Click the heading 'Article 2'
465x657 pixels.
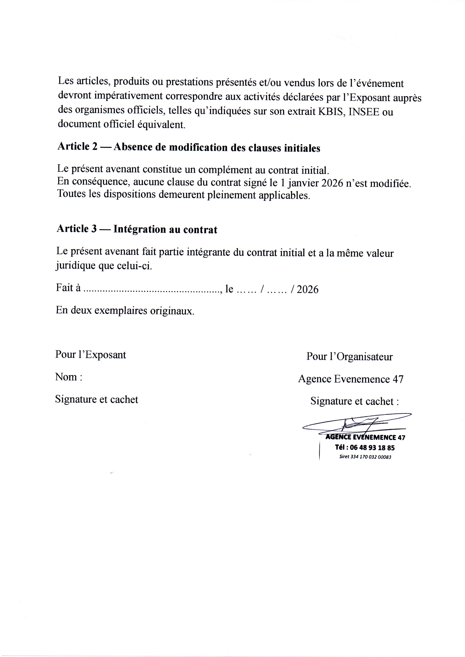[77, 146]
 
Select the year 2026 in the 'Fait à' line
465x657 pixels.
[308, 290]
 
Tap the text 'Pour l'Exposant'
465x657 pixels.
[91, 355]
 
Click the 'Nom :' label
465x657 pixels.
[69, 377]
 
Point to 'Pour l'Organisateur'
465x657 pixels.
[349, 357]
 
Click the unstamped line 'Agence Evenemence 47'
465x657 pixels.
[351, 379]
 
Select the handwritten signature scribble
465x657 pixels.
[358, 423]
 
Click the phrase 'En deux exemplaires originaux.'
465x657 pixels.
[125, 311]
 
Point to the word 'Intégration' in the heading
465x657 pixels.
[139, 229]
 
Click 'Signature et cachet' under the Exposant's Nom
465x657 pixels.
[97, 399]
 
